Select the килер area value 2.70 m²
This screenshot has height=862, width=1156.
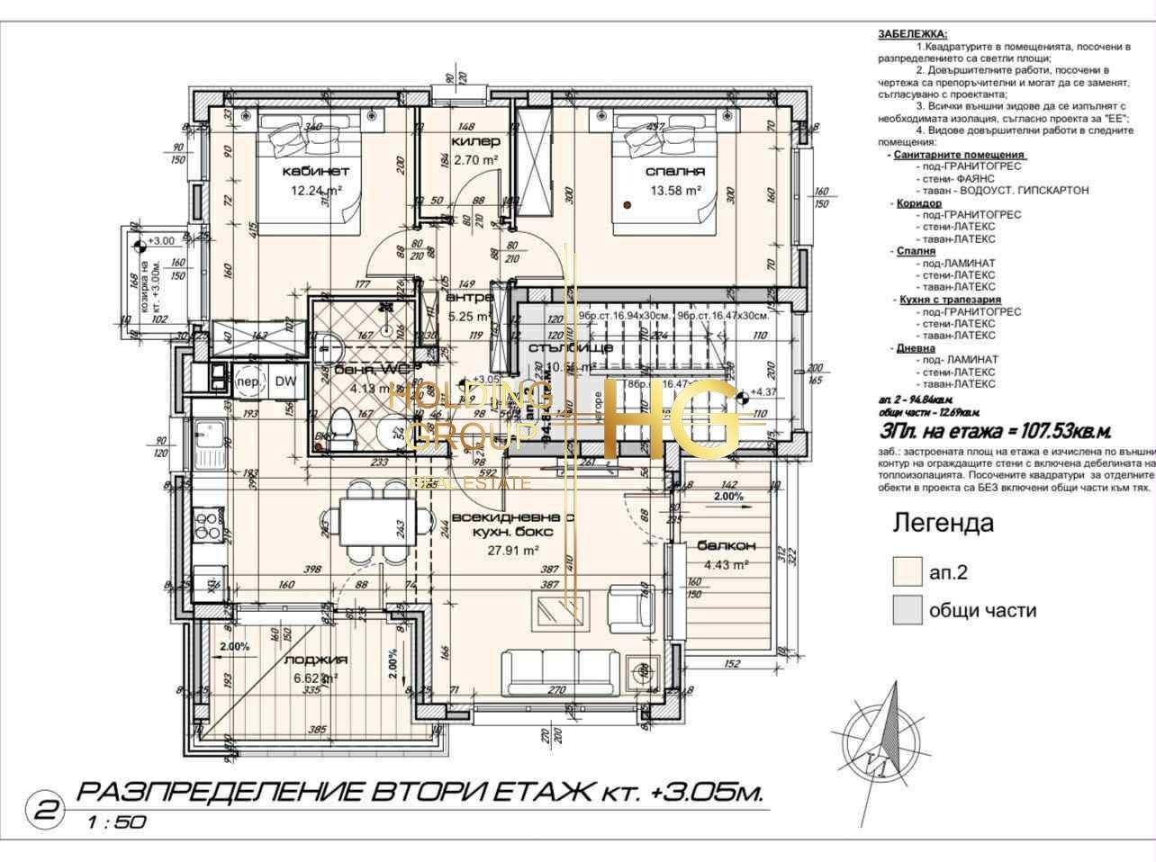(476, 160)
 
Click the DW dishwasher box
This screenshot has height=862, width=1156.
(285, 382)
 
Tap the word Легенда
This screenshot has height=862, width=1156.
(943, 523)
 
